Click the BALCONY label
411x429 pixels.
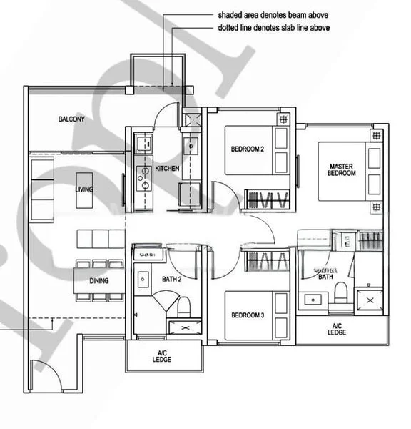click(x=71, y=119)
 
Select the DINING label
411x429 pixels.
click(x=99, y=281)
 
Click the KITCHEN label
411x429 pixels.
click(x=167, y=169)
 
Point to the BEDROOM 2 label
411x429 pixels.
click(x=248, y=149)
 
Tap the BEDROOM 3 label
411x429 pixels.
click(x=248, y=315)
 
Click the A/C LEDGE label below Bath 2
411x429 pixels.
click(x=161, y=357)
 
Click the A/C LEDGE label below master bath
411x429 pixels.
click(x=338, y=330)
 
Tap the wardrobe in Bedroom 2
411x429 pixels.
click(x=267, y=198)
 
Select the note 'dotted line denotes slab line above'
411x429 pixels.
click(x=274, y=28)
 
